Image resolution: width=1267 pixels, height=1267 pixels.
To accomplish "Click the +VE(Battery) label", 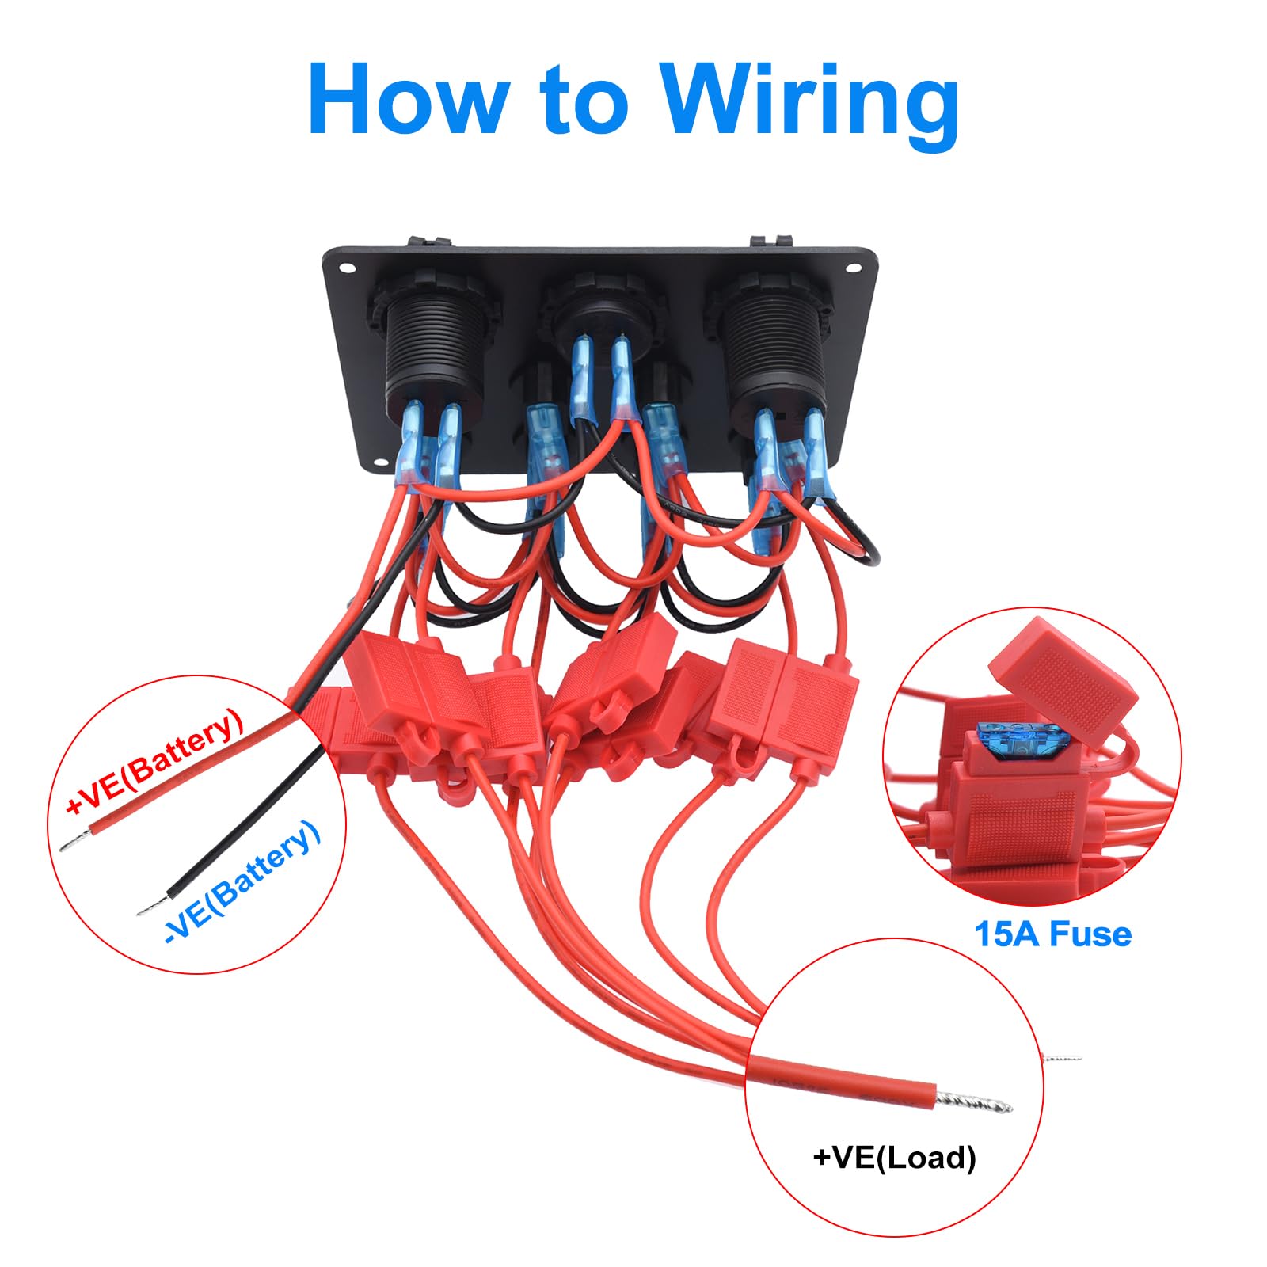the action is click(154, 762).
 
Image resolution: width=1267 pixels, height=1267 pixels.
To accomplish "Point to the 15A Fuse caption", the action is click(1052, 934).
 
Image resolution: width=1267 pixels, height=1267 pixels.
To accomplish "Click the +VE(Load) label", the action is click(895, 1158).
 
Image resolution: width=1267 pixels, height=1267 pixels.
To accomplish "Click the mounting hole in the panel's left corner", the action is click(347, 268).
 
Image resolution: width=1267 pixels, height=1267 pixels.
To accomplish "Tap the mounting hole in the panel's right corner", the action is click(853, 267).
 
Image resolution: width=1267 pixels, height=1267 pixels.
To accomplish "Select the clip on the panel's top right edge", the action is click(771, 239).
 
